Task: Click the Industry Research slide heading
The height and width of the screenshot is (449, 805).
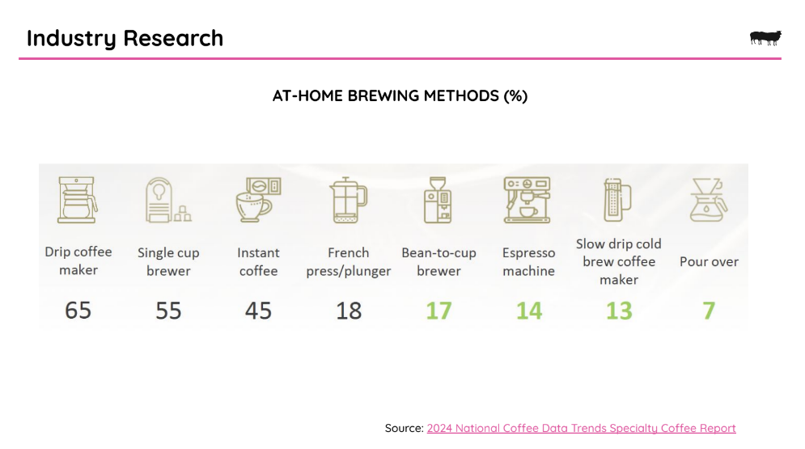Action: point(125,38)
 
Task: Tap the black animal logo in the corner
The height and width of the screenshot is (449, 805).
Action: point(765,38)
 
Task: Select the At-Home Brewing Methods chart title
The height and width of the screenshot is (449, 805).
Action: point(400,95)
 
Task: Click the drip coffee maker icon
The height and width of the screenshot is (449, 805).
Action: point(78,199)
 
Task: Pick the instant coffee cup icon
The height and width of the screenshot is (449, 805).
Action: point(258,199)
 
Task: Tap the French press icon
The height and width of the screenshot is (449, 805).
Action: point(348,200)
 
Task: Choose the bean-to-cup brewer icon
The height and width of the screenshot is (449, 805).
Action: point(438,200)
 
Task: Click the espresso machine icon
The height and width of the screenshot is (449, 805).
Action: point(527,199)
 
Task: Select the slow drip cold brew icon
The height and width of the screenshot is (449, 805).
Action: point(617,197)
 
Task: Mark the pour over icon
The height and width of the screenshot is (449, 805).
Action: point(708,200)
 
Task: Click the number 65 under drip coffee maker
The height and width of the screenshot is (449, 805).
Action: point(78,310)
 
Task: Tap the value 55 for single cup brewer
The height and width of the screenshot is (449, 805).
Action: point(168,310)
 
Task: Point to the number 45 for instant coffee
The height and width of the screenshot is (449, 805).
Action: point(258,310)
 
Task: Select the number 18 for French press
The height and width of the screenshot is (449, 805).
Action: point(349,310)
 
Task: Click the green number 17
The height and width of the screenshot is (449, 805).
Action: point(439,310)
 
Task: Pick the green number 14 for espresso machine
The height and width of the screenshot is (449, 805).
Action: point(529,310)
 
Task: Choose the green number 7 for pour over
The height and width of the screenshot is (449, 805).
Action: point(709,310)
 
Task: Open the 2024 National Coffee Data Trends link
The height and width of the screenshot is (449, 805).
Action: point(581,428)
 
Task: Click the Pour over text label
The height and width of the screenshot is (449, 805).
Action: point(709,262)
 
